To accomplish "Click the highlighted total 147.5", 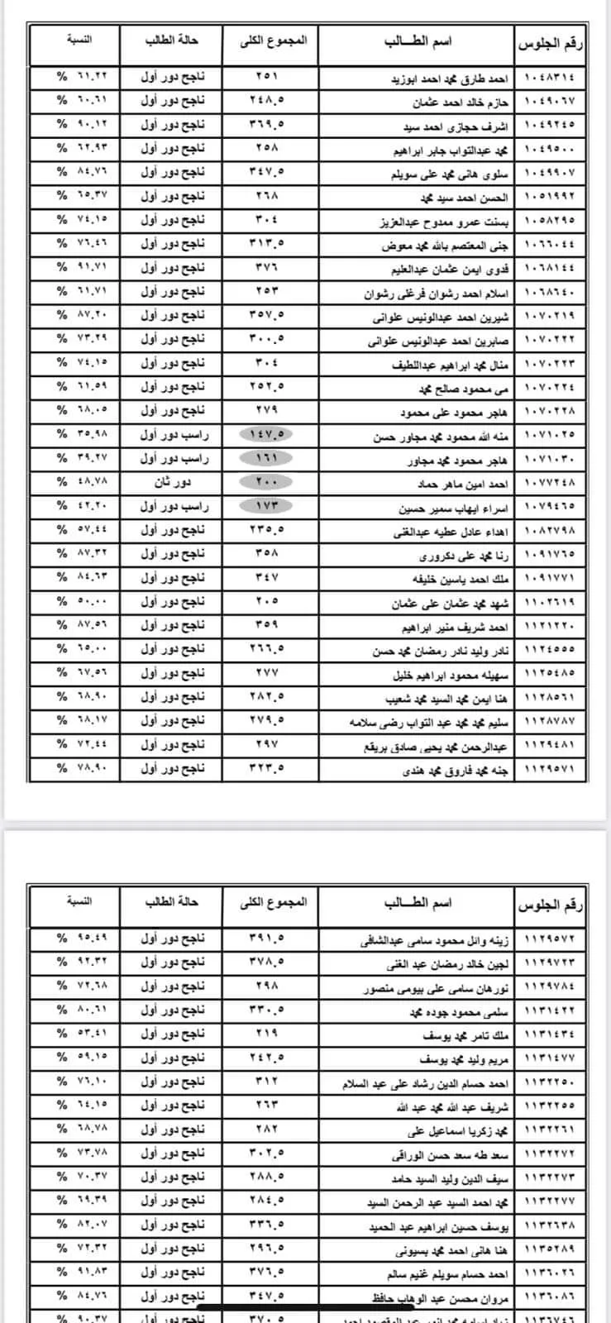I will [x=270, y=434].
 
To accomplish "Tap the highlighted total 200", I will [x=270, y=481].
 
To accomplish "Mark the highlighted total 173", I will [x=270, y=505].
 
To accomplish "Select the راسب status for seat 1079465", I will [x=174, y=505].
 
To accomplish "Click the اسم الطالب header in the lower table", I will [x=418, y=902].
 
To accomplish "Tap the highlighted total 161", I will [x=270, y=458].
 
